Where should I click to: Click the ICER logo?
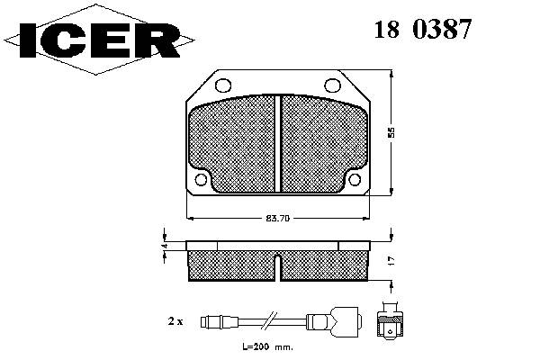click(99, 40)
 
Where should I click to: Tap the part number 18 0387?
click(423, 29)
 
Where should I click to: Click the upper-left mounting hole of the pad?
click(223, 85)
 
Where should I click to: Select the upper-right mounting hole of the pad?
click(333, 85)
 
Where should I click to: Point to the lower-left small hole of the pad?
click(201, 179)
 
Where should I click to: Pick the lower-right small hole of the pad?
click(355, 179)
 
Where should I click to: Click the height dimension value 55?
click(391, 132)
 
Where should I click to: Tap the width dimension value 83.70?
click(277, 219)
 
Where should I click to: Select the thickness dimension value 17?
click(391, 261)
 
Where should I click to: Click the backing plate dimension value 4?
click(165, 246)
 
